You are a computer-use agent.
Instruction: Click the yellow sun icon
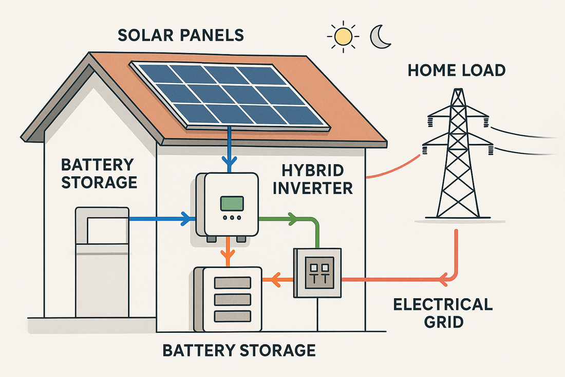tap(343, 37)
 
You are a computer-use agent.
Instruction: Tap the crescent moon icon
tap(381, 38)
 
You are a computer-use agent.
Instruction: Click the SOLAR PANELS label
tap(181, 35)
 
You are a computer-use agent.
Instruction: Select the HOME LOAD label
tap(457, 70)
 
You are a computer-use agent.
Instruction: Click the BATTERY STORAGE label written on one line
tap(239, 350)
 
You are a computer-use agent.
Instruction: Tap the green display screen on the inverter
tap(232, 203)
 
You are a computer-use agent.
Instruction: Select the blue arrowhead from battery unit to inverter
tap(185, 219)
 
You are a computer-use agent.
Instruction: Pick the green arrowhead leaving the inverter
tap(292, 219)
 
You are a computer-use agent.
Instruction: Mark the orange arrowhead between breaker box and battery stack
tap(274, 280)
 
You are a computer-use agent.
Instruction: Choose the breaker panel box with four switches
tap(317, 273)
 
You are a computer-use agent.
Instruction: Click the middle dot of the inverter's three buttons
tap(232, 218)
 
